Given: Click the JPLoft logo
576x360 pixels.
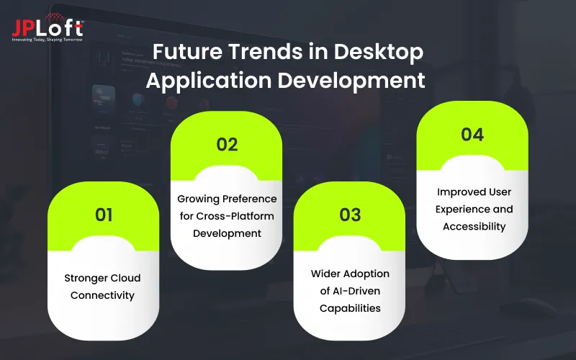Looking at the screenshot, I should click(47, 27).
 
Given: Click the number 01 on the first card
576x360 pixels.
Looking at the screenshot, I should click(104, 215).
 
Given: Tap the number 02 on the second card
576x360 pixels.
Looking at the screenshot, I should click(227, 144).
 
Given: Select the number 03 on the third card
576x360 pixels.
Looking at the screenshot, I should click(350, 215).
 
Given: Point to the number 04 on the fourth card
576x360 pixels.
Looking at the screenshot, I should click(472, 134).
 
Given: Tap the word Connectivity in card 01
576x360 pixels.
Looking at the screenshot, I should click(104, 295).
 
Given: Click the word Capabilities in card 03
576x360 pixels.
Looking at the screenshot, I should click(350, 308).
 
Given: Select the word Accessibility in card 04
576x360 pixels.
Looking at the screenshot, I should click(472, 226).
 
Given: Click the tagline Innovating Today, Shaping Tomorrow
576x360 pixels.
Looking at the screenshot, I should click(47, 39).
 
